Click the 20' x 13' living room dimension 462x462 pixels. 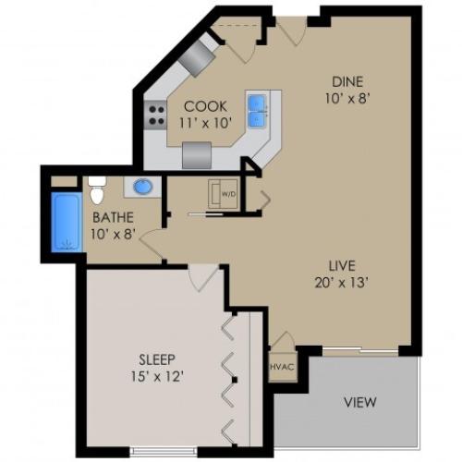[x=346, y=282]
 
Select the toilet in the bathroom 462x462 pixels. [x=97, y=189]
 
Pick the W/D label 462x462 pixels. [x=227, y=194]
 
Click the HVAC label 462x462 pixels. [x=281, y=366]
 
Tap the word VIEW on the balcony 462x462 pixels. [x=359, y=403]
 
